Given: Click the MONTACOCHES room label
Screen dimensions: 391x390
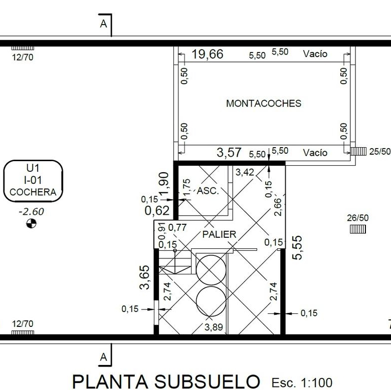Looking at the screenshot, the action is pos(264,103).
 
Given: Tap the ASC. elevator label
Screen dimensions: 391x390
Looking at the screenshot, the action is pos(208,191).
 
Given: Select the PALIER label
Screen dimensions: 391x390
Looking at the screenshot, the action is pos(219,234).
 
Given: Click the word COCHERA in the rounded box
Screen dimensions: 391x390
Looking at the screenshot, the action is pos(33,192).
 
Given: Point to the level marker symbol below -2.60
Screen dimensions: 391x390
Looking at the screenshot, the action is pos(31,223).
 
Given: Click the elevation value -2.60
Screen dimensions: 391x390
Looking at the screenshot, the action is pos(31,212).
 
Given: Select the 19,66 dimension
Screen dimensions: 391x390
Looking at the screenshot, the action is pos(208,54).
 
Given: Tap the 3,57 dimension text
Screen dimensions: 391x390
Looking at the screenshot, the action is pos(229,152).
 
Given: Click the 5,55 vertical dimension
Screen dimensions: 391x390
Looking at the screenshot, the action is pos(297,248).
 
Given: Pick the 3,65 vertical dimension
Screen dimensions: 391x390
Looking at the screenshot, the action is pos(145,277).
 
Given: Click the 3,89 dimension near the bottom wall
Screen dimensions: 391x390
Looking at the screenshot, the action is pos(214,327).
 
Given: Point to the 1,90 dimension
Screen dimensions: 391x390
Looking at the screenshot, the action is pos(164,184).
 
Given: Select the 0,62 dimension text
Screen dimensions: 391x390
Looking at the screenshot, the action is pos(157,211).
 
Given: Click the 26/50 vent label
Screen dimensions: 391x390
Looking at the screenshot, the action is pos(357,218).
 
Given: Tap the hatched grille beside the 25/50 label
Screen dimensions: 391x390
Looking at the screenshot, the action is pos(358,151).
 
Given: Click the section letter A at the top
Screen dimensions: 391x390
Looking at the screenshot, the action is pos(103,24).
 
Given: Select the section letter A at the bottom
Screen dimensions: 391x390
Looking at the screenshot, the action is pos(103,357).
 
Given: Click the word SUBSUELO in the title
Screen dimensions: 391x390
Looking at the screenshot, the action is pos(207,381).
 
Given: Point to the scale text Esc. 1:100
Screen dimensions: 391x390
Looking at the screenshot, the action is pos(302,382).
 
